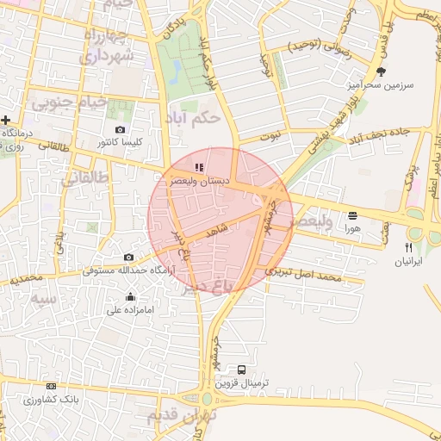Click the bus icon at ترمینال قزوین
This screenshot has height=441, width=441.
(x=241, y=370)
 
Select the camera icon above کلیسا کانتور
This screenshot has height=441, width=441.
(x=120, y=129)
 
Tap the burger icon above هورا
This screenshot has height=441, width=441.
(x=352, y=215)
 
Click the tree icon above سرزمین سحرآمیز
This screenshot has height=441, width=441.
(x=382, y=71)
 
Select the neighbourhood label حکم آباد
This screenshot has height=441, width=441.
(x=197, y=115)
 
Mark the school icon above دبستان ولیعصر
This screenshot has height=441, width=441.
(x=199, y=167)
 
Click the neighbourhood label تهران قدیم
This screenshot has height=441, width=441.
(x=182, y=415)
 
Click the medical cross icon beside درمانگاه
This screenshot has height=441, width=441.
(x=6, y=120)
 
